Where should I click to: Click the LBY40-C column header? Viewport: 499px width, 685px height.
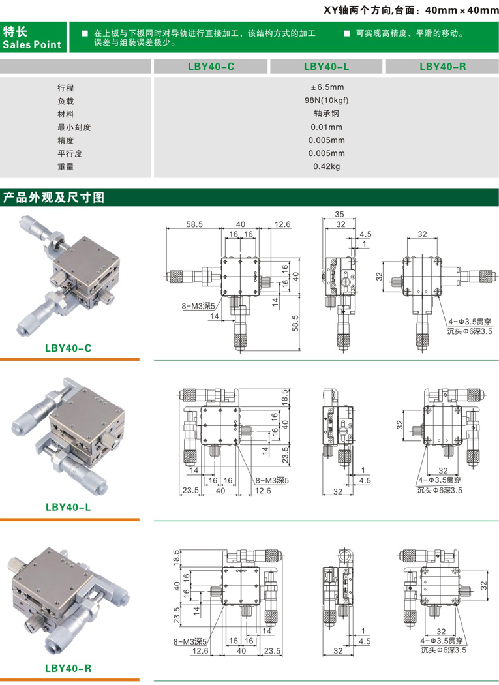[x=211, y=66]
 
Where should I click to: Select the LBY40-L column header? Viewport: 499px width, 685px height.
[x=327, y=66]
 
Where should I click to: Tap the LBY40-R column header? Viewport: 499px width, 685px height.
[x=442, y=66]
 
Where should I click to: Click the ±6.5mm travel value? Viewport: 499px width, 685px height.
[x=327, y=87]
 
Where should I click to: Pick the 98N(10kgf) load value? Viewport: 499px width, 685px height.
[x=327, y=100]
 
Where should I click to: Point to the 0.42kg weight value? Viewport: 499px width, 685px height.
[x=327, y=166]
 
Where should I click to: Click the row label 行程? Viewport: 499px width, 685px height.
[x=65, y=87]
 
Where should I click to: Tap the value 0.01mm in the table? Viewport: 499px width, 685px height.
[x=327, y=127]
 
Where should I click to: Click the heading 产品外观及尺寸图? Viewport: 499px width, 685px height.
[x=53, y=197]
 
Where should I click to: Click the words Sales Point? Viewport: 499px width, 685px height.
[x=32, y=44]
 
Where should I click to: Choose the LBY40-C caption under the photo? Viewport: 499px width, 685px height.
[x=68, y=348]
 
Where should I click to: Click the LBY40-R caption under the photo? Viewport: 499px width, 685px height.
[x=68, y=668]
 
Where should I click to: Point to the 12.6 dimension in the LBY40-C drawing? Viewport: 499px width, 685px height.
[x=282, y=224]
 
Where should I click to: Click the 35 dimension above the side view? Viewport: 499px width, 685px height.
[x=339, y=214]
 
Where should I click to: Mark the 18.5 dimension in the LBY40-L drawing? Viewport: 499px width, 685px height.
[x=284, y=396]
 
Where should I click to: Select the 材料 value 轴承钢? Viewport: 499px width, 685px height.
[x=327, y=114]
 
